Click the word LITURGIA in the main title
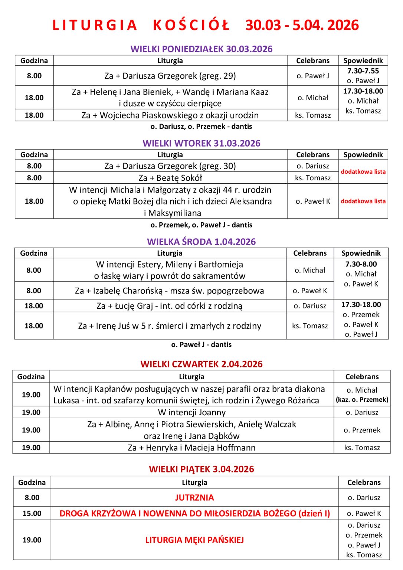click(x=95, y=25)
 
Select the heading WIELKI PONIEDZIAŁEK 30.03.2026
click(x=201, y=49)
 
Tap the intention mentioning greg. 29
click(x=170, y=76)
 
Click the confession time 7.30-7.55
click(x=363, y=71)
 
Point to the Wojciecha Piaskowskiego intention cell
click(x=170, y=115)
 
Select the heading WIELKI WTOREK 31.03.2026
click(x=201, y=143)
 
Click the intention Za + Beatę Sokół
click(x=170, y=178)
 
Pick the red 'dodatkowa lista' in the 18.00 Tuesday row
click(x=363, y=201)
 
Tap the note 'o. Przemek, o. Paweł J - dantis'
click(x=201, y=225)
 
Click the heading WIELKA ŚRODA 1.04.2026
click(x=201, y=242)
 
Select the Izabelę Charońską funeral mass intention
click(x=170, y=291)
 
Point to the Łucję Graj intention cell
click(x=170, y=306)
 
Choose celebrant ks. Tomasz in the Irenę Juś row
click(x=310, y=326)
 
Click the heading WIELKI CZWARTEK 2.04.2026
click(x=201, y=364)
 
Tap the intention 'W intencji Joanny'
click(x=191, y=412)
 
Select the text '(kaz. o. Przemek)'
click(x=362, y=400)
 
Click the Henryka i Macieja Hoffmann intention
click(x=191, y=448)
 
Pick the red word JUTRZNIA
click(x=194, y=498)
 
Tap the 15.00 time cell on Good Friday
click(x=32, y=513)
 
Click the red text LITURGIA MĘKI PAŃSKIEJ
click(x=194, y=540)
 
